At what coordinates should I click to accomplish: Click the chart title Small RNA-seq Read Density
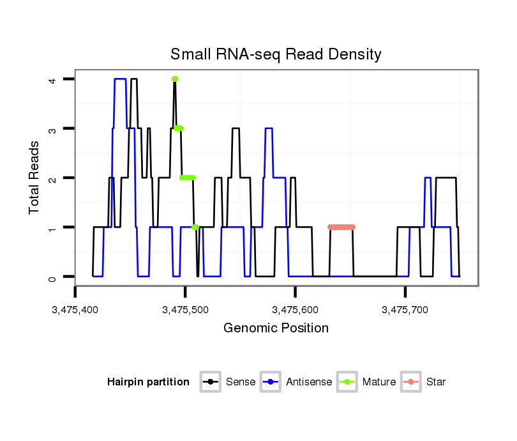pos(276,54)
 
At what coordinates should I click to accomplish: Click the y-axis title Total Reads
pos(34,177)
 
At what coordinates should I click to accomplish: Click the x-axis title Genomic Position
pos(276,329)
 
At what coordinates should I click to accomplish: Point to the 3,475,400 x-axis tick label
pos(75,311)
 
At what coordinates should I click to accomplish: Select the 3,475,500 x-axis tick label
pos(185,311)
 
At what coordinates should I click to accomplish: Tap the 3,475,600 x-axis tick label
pos(295,311)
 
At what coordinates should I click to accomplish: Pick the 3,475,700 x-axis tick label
pos(405,311)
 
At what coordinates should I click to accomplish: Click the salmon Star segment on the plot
pos(341,227)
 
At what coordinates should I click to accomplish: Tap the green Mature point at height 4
pos(174,79)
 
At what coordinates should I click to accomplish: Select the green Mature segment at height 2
pos(187,178)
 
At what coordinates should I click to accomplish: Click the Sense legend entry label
pos(241,382)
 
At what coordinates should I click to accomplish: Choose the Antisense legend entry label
pos(309,382)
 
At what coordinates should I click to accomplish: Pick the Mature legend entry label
pos(378,382)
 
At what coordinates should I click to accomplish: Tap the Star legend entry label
pos(435,382)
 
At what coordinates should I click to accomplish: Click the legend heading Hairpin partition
pos(148,382)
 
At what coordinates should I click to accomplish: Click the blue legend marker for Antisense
pos(272,382)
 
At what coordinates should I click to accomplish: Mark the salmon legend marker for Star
pos(411,382)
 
